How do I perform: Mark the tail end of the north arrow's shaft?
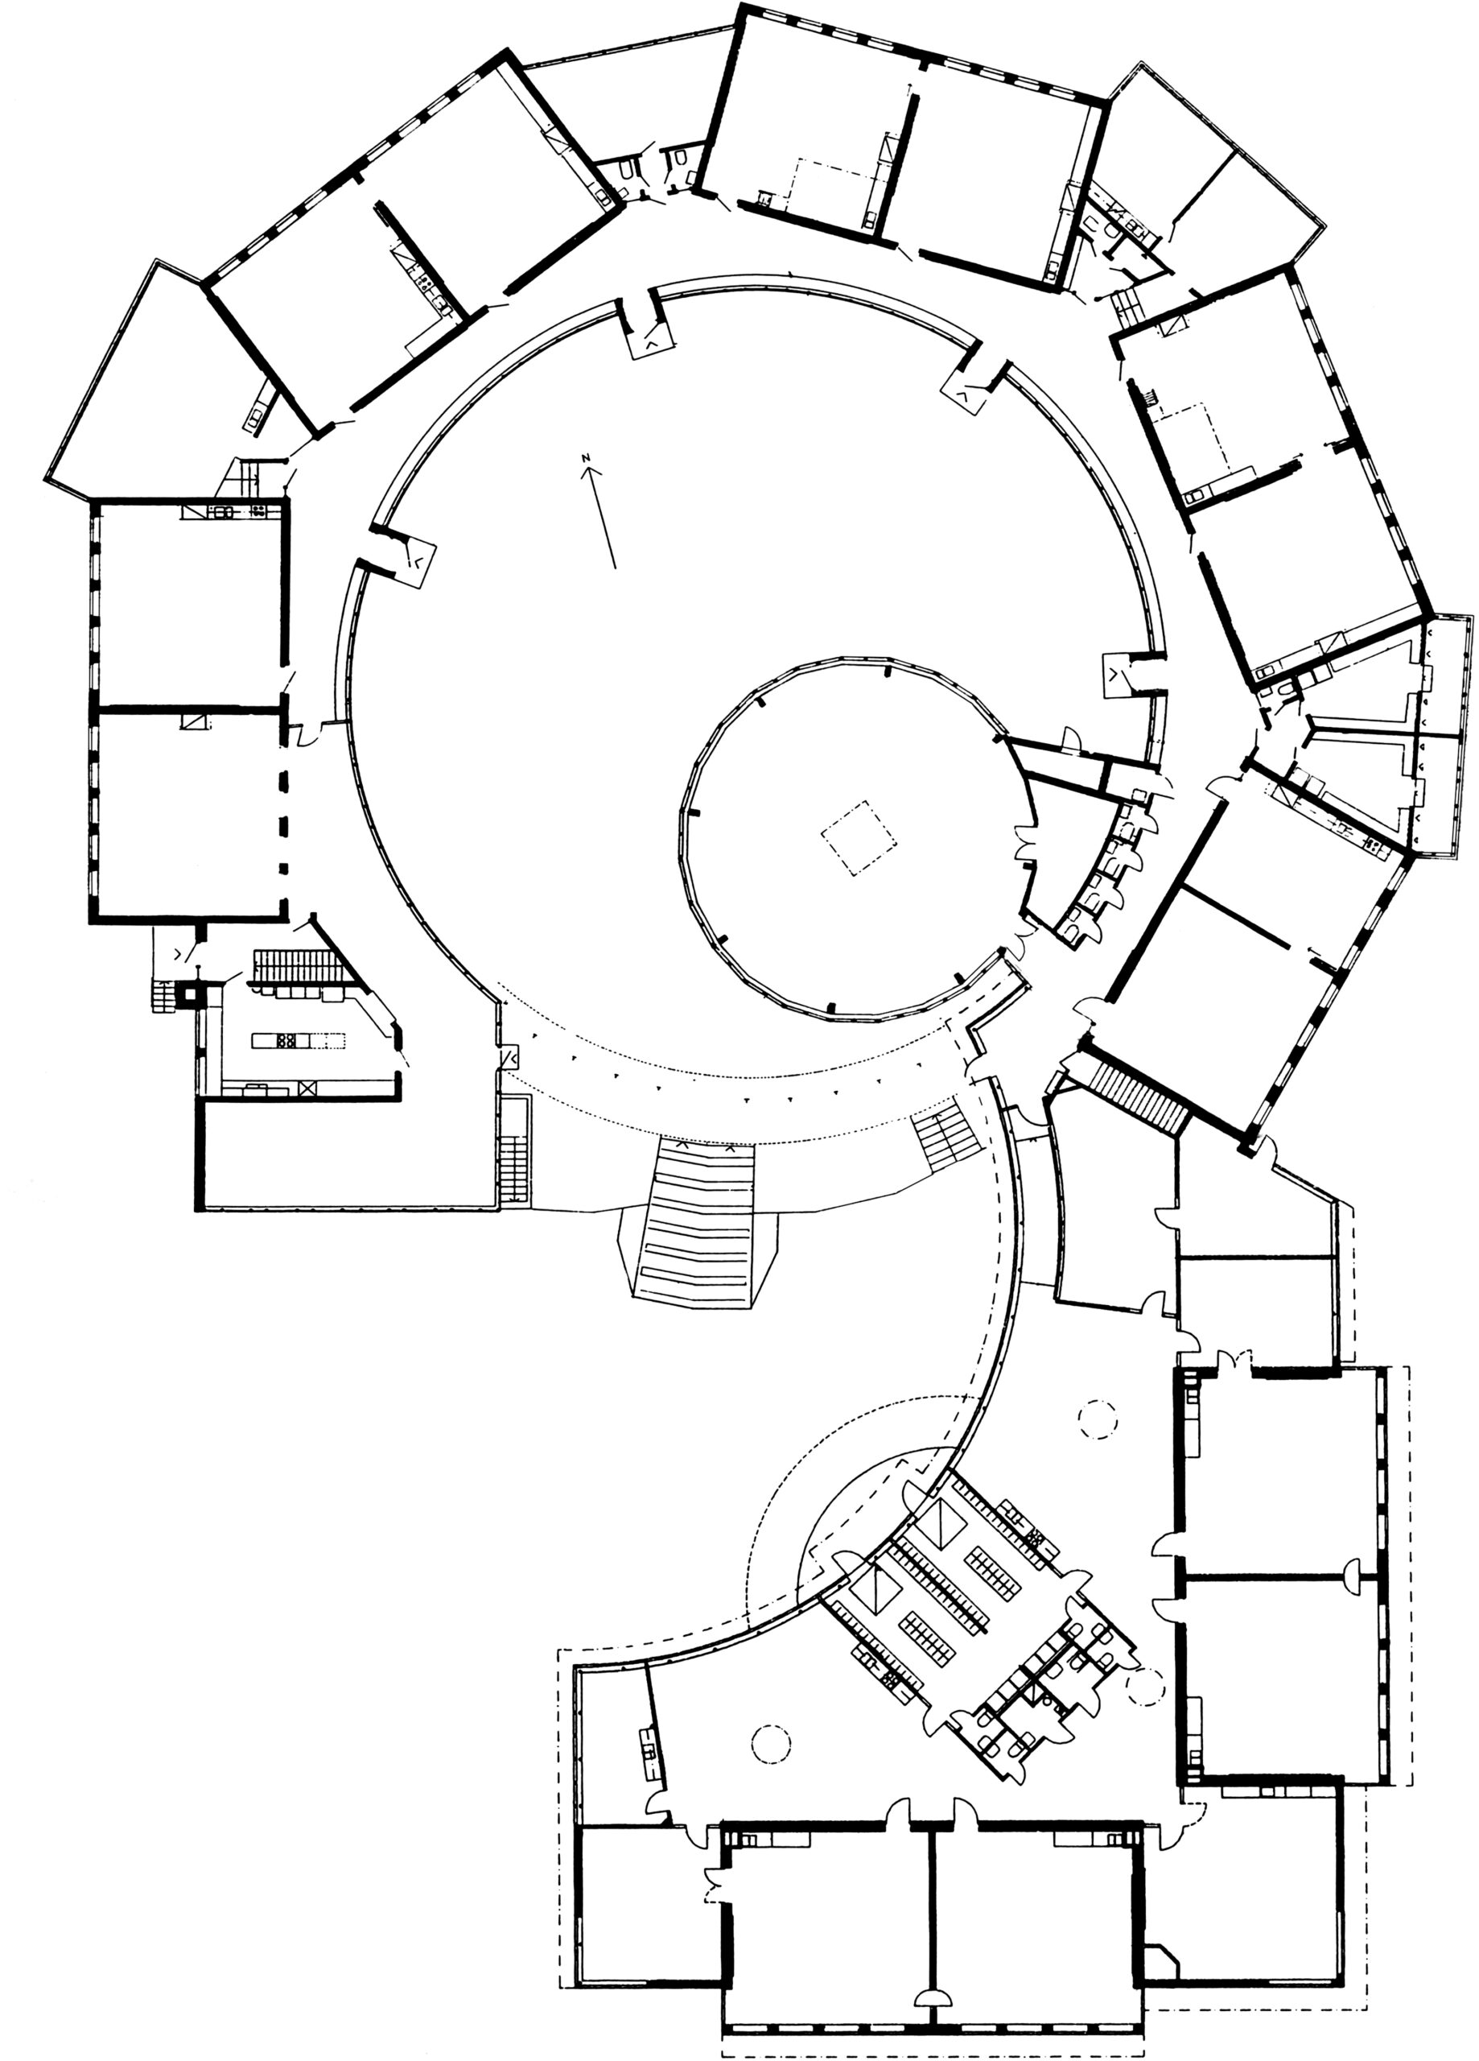click(x=615, y=568)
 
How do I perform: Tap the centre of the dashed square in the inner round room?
click(x=859, y=837)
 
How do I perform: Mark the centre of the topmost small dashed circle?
click(x=1097, y=1419)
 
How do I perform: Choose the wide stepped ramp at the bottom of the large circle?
click(x=698, y=1222)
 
